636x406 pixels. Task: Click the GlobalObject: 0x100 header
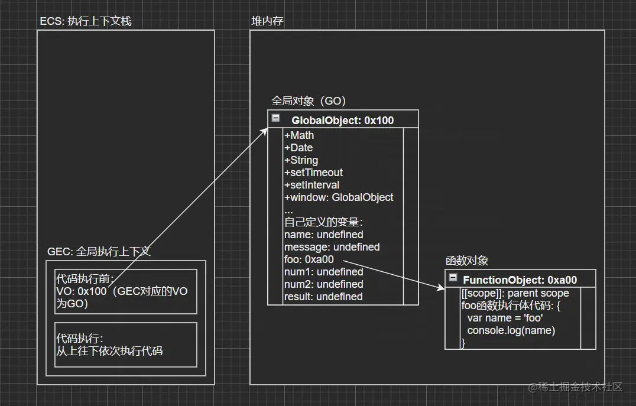coord(342,121)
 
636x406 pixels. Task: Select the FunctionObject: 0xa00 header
coord(520,280)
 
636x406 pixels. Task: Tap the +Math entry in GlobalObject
coord(299,135)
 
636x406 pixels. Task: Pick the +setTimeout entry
coord(313,173)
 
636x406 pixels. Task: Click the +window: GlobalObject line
coord(339,197)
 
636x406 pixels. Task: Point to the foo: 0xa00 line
coord(309,259)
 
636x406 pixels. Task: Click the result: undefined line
coord(323,297)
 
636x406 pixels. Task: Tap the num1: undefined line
coord(323,272)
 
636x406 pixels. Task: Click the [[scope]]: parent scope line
coord(515,293)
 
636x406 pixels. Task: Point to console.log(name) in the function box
coord(511,330)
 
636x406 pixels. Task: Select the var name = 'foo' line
coord(505,318)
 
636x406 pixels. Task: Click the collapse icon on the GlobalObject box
coord(275,118)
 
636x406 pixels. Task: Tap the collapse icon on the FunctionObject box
coord(453,278)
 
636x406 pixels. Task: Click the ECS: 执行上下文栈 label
coord(85,21)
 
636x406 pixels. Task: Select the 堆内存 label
coord(268,21)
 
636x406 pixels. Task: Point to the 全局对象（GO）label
coord(309,100)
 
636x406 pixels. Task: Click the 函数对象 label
coord(467,261)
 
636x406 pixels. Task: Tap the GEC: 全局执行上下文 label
coord(99,251)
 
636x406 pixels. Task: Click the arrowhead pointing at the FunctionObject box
coord(441,288)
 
